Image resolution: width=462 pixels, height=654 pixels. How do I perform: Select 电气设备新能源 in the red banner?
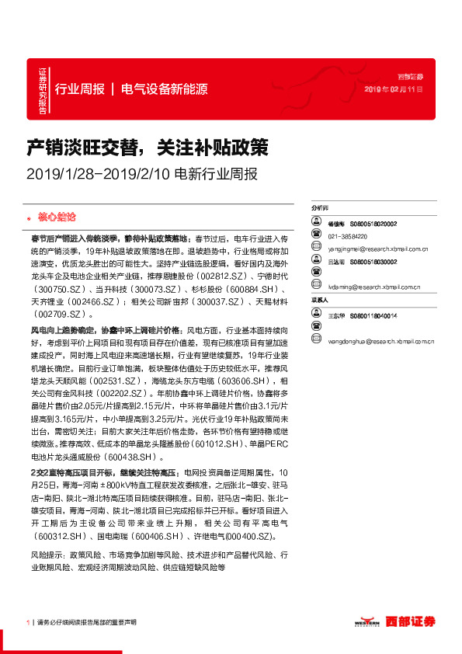pos(165,89)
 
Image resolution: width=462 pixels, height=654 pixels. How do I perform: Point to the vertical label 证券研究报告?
pos(43,92)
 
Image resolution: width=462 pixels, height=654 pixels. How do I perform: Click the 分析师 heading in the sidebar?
pos(319,210)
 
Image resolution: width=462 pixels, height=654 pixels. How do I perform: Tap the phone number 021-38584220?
pos(348,235)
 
